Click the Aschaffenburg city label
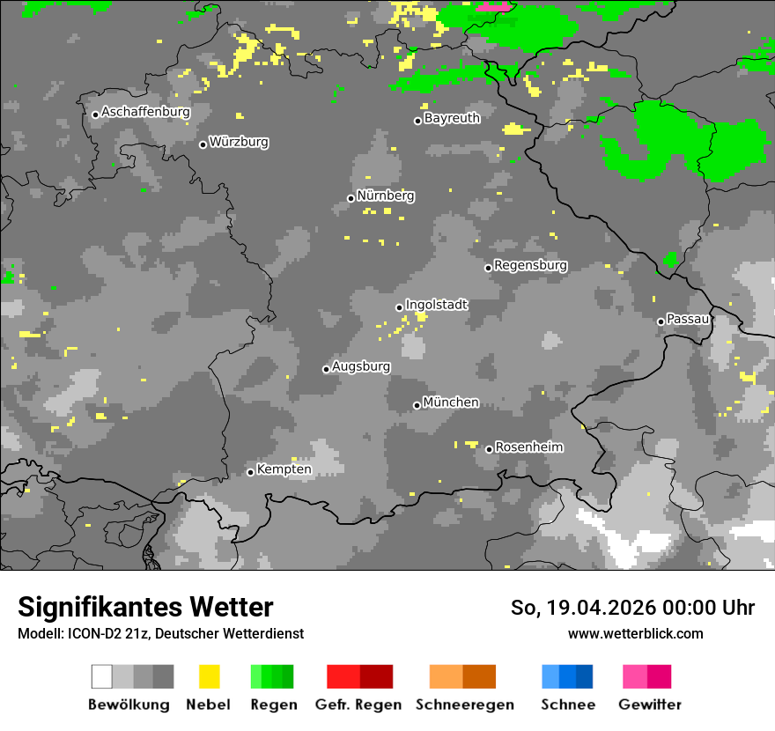tap(145, 112)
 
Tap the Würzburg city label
tap(239, 142)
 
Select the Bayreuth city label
tap(452, 118)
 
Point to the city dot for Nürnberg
tap(351, 198)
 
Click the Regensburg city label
tap(530, 265)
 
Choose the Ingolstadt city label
tap(436, 305)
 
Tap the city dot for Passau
tap(661, 321)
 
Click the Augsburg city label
tap(361, 366)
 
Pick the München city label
tap(451, 402)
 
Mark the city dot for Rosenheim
tap(489, 449)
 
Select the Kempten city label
tap(284, 469)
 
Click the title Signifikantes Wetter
tap(145, 608)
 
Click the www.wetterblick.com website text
tap(635, 633)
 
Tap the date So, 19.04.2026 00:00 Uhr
tap(632, 608)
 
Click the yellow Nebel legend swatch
tap(209, 676)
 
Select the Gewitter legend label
tap(649, 705)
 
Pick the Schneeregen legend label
tap(464, 705)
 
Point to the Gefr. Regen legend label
tap(358, 705)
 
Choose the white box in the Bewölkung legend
tap(102, 676)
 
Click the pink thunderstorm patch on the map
tap(494, 6)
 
